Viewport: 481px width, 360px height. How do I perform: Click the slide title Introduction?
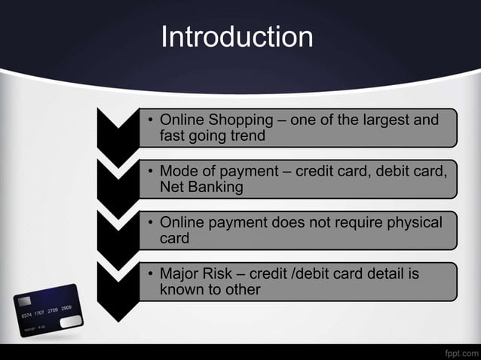[x=237, y=36]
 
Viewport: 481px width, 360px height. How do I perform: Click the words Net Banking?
[x=201, y=188]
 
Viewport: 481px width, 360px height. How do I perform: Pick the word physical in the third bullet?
[x=414, y=222]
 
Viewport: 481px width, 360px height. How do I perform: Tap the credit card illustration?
[x=46, y=309]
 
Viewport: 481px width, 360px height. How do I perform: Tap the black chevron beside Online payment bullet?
[x=117, y=230]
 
